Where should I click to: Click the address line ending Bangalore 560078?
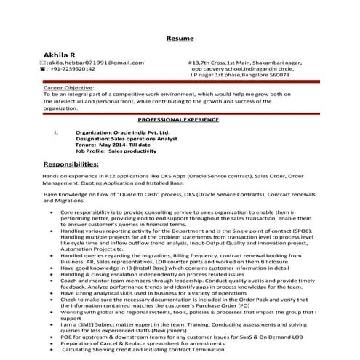[x=239, y=74]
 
